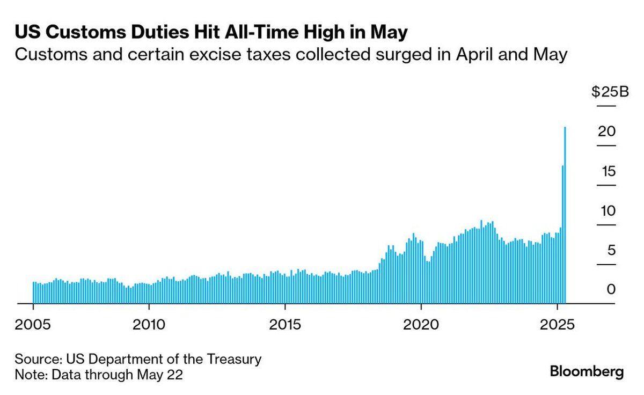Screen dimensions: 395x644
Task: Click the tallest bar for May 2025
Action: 565,215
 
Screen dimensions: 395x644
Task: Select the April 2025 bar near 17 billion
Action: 562,236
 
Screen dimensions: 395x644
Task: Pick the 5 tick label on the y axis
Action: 610,251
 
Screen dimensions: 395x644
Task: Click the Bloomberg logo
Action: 587,371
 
